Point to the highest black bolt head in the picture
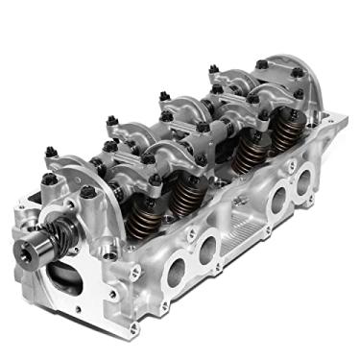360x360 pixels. (261, 64)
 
